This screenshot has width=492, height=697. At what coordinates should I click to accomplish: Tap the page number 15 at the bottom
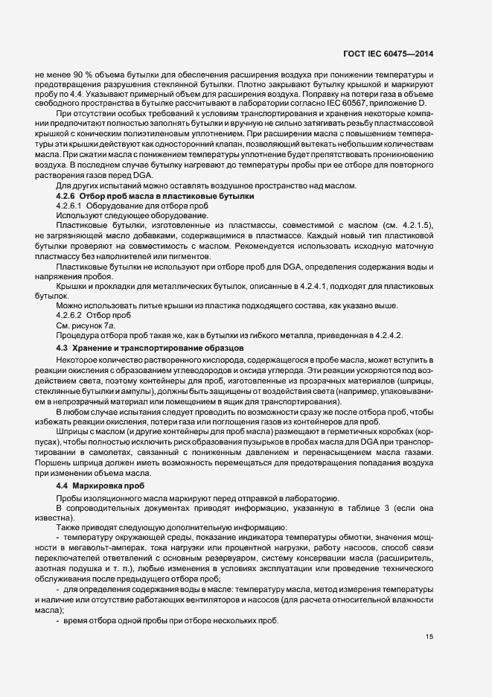(x=429, y=637)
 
